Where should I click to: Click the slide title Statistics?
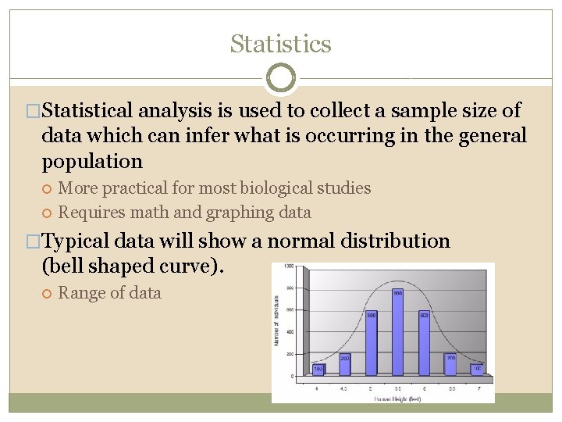(280, 45)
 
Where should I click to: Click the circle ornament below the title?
(280, 78)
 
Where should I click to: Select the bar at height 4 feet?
(318, 369)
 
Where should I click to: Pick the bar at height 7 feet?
(476, 369)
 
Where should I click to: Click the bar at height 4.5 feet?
(344, 363)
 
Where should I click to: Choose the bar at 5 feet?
(371, 344)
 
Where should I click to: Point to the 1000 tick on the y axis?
(288, 267)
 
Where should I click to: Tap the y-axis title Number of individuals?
(277, 320)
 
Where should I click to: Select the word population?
(92, 162)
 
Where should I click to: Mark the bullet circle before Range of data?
(48, 294)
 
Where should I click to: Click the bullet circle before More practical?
(48, 188)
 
